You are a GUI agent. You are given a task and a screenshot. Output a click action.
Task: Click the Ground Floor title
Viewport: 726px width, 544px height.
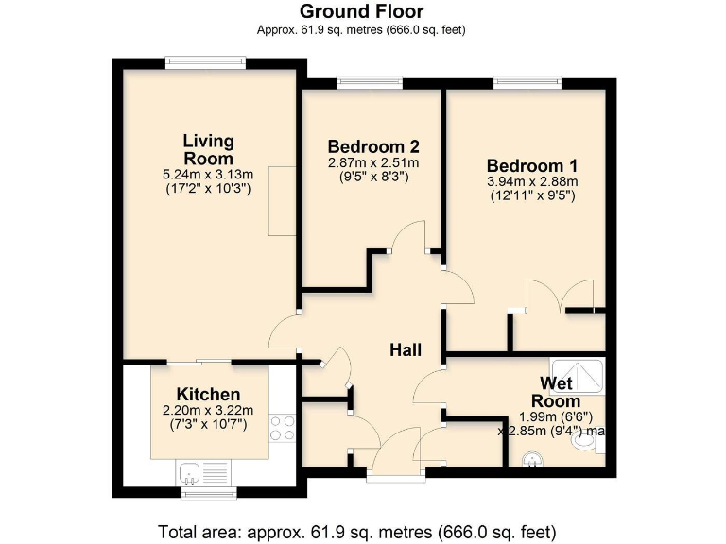pyautogui.click(x=362, y=11)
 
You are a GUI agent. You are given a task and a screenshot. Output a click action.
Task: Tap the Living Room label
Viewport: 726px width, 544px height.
pyautogui.click(x=209, y=149)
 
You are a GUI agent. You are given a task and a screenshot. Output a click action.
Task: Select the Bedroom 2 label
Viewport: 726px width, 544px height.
pyautogui.click(x=373, y=147)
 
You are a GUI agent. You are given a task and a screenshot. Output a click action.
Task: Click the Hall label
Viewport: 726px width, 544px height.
pyautogui.click(x=406, y=350)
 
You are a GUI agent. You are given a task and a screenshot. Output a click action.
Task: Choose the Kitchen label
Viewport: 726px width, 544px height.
pyautogui.click(x=208, y=394)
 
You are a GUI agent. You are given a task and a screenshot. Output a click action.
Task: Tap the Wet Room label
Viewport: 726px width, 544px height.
pyautogui.click(x=560, y=391)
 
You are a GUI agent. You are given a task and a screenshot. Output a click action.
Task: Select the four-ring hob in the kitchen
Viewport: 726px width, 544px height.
pyautogui.click(x=281, y=428)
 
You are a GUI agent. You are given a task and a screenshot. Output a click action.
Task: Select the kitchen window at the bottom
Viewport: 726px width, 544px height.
pyautogui.click(x=208, y=493)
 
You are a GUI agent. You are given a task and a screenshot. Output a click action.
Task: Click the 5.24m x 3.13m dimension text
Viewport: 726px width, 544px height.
pyautogui.click(x=209, y=175)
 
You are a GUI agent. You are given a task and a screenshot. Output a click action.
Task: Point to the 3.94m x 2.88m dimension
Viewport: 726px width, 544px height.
pyautogui.click(x=531, y=182)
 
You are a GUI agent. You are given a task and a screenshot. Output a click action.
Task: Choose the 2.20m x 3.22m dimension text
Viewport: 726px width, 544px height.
pyautogui.click(x=208, y=411)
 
